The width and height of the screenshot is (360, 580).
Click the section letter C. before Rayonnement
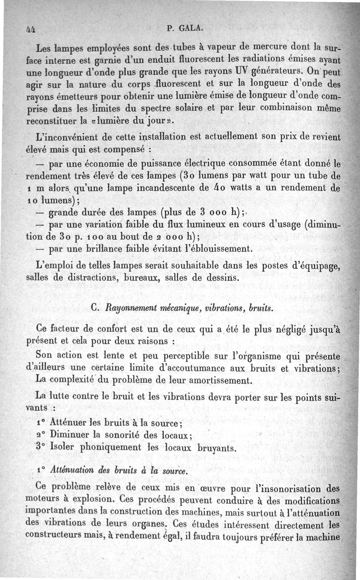pos(95,308)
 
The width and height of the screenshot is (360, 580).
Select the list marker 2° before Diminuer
pos(41,435)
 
